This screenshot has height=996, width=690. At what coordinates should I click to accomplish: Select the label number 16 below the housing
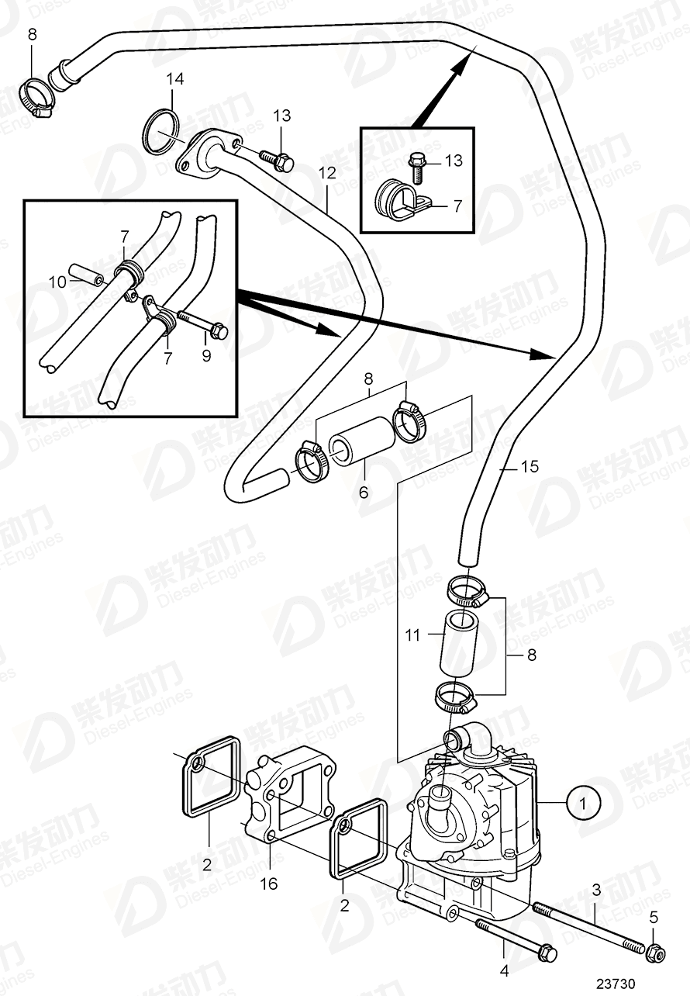[267, 883]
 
